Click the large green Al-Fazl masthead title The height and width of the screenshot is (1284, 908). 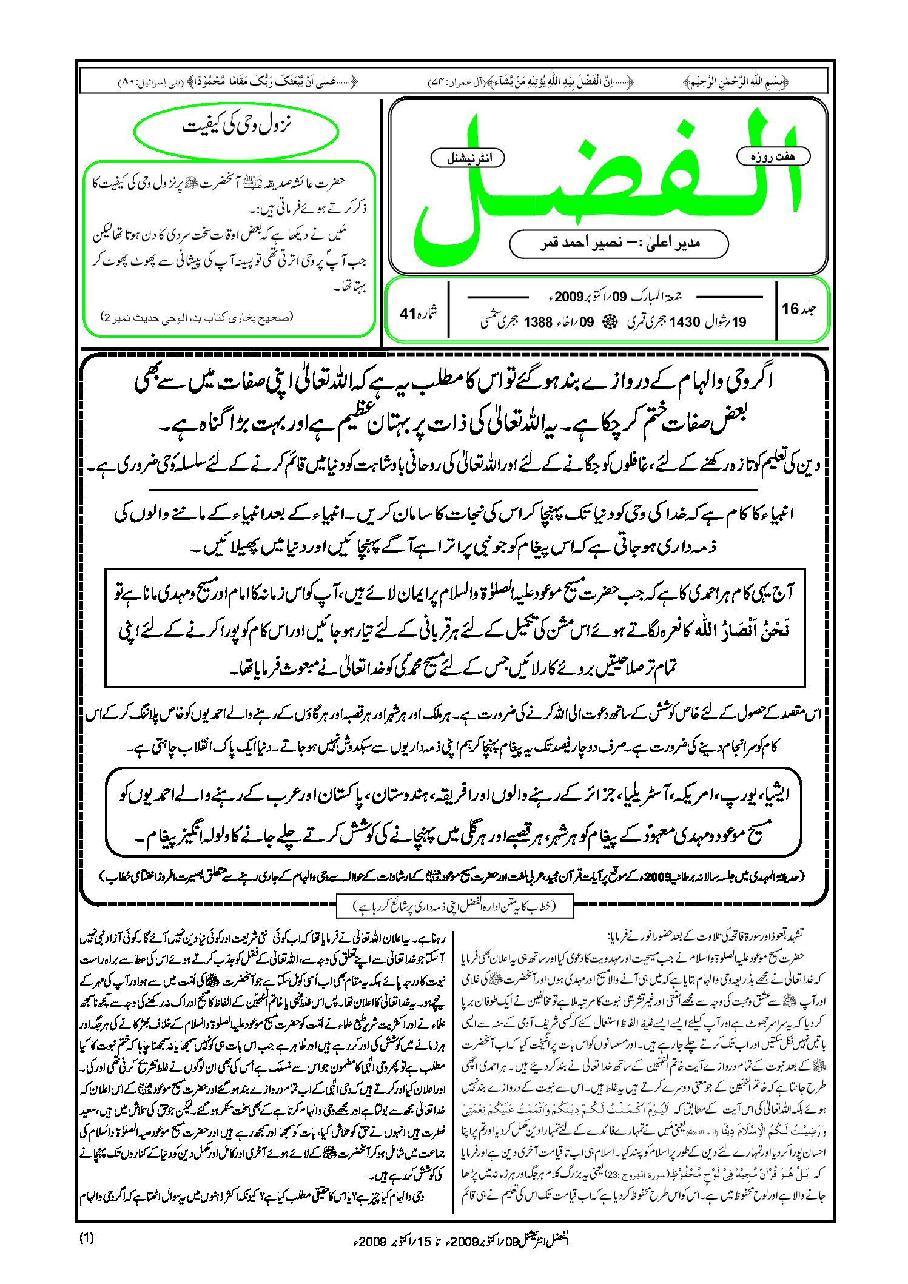coord(607,182)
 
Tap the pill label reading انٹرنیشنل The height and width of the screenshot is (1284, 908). coord(467,158)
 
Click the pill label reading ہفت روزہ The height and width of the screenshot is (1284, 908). coord(773,156)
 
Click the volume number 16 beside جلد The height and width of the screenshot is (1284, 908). coord(791,308)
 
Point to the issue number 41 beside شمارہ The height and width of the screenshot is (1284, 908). coord(407,313)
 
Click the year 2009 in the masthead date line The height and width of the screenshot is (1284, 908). coord(568,297)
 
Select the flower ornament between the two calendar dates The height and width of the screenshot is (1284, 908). coord(605,322)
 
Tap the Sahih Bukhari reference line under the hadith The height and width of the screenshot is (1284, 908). coord(197,317)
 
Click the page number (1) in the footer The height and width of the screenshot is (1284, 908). coord(87,1238)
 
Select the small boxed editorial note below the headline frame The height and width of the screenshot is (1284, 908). coord(454,907)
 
